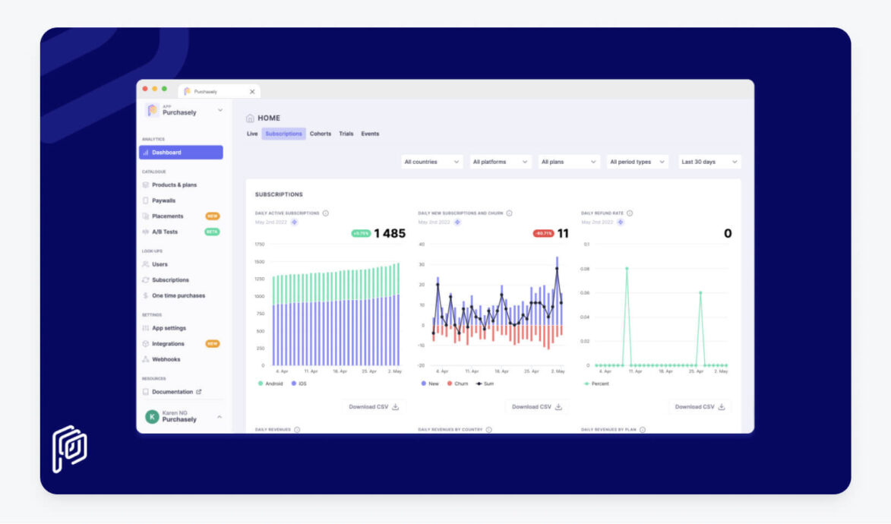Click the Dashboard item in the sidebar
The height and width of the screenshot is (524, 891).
180,153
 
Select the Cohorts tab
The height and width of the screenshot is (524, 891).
320,134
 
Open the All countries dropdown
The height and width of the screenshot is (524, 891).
431,162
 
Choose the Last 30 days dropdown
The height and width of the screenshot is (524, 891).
709,162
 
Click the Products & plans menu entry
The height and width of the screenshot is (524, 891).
174,185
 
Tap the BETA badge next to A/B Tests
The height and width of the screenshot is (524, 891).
212,232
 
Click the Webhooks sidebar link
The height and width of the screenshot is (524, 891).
166,359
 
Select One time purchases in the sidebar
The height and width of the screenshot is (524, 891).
178,295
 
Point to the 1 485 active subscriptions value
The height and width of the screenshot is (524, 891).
390,234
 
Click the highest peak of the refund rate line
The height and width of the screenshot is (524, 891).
627,268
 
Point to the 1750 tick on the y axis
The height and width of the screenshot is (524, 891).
260,245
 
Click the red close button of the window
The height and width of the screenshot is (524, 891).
145,89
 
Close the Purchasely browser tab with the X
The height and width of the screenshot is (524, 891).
252,92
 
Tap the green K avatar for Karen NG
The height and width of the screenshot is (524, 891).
152,417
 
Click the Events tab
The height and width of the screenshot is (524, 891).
370,134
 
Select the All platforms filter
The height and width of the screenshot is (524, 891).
499,162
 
